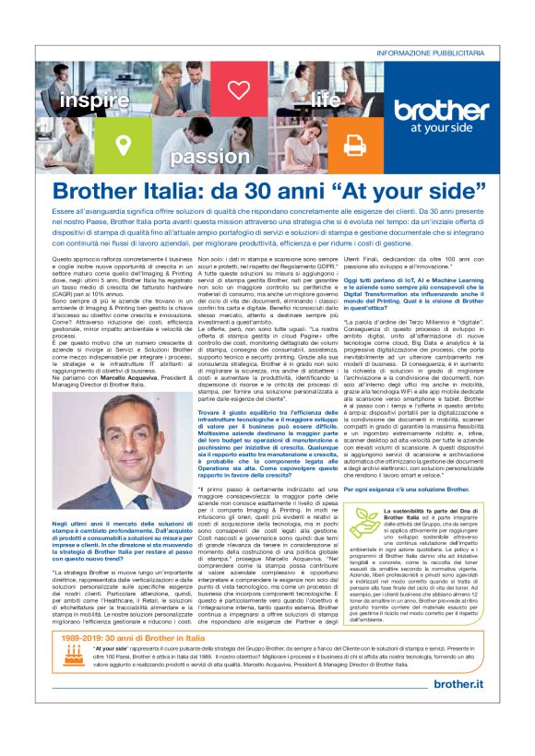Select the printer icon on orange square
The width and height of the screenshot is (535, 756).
click(354, 143)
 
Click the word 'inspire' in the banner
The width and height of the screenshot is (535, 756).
click(94, 100)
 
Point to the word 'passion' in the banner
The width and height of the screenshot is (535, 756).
click(210, 157)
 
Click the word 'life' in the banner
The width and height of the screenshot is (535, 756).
click(325, 98)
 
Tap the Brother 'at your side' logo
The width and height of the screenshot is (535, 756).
click(440, 115)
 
